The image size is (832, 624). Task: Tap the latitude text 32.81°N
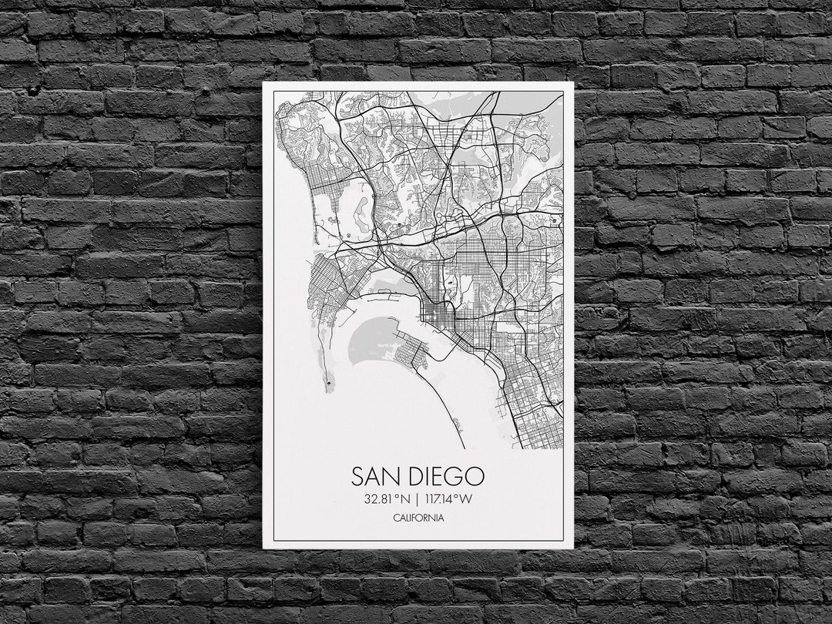pyautogui.click(x=388, y=498)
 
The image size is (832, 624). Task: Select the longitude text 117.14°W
pyautogui.click(x=448, y=498)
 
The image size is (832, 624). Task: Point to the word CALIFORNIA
pyautogui.click(x=418, y=518)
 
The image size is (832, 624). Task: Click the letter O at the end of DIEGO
pyautogui.click(x=475, y=475)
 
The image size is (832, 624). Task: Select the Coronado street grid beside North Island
pyautogui.click(x=414, y=356)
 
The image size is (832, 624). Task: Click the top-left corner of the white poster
pyautogui.click(x=263, y=82)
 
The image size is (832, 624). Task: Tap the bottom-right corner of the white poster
pyautogui.click(x=573, y=548)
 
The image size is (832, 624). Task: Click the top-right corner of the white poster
pyautogui.click(x=573, y=82)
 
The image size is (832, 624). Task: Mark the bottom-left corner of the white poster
pyautogui.click(x=263, y=548)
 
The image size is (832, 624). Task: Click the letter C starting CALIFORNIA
pyautogui.click(x=395, y=518)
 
